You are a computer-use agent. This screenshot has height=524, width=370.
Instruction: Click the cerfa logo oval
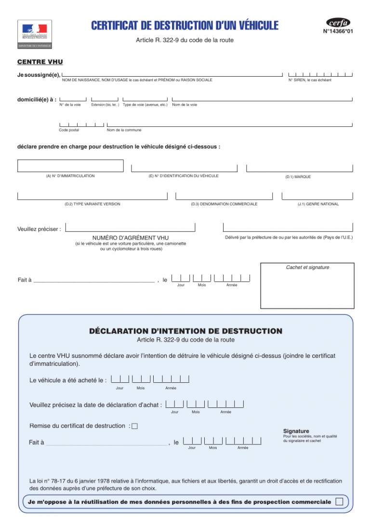pos(338,23)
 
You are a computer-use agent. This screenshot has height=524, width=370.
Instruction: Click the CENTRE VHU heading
pos(40,62)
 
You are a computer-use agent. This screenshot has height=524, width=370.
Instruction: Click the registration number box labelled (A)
pos(71,166)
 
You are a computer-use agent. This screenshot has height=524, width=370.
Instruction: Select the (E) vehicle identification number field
pos(184,168)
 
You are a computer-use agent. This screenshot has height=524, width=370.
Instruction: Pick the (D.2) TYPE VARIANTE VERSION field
pos(92,196)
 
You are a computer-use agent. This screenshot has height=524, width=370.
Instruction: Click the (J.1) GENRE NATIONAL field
pos(317,196)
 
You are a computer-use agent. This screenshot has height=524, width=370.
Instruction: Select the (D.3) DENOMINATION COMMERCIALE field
pos(224,196)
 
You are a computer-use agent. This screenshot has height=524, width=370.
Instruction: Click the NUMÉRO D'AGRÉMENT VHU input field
pos(130,227)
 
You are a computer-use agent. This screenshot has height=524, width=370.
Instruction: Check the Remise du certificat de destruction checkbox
pos(134,426)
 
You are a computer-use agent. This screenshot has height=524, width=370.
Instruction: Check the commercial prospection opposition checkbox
pos(339,502)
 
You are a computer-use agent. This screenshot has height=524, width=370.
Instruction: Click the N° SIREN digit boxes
pos(320,74)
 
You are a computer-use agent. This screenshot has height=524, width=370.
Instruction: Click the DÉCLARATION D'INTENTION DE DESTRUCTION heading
pos(185,331)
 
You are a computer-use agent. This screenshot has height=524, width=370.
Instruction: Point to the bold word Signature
pos(296,431)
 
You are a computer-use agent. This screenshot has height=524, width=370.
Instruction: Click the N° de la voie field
pos(73,99)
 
